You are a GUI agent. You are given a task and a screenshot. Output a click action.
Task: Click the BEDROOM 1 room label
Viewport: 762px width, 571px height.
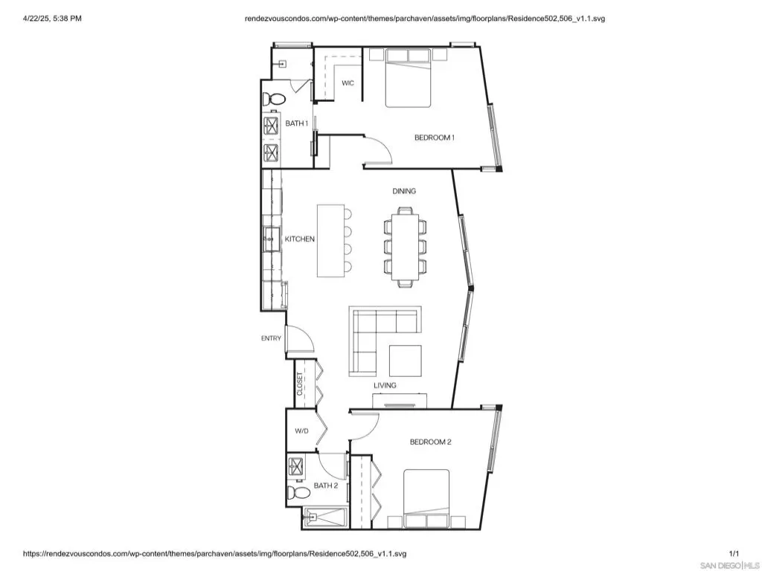(x=435, y=138)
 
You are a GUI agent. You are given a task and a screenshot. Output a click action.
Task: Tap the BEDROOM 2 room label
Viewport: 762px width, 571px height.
(x=431, y=442)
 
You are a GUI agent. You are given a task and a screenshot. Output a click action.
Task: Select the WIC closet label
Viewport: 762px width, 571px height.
(x=348, y=83)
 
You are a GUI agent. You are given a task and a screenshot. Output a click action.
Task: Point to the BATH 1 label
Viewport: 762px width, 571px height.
(x=296, y=123)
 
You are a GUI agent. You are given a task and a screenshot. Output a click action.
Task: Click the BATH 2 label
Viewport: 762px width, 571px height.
(x=326, y=485)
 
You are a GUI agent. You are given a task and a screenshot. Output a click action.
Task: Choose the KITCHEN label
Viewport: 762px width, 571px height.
(x=300, y=239)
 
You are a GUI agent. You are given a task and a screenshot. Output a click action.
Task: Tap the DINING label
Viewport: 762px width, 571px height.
(x=404, y=191)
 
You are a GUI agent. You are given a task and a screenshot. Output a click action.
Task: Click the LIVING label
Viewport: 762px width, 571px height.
(x=385, y=386)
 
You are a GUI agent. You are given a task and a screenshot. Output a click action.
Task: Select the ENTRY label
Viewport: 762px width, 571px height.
(x=271, y=338)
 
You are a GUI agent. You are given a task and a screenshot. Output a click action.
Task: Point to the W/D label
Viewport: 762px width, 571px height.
(x=302, y=430)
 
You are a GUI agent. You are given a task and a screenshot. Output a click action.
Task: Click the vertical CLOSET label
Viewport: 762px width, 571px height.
(x=300, y=384)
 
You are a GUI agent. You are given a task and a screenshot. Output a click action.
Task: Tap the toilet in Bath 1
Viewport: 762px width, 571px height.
(x=274, y=100)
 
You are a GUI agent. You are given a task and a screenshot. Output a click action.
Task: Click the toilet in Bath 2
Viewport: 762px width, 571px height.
(x=299, y=493)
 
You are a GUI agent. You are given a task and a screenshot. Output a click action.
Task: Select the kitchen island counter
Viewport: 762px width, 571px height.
(x=331, y=241)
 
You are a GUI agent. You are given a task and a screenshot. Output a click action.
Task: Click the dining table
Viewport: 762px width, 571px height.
(x=405, y=248)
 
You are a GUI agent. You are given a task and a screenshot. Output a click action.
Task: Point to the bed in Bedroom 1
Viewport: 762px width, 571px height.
(x=409, y=77)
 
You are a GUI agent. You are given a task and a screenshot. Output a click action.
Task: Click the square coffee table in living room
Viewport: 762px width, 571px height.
(x=406, y=361)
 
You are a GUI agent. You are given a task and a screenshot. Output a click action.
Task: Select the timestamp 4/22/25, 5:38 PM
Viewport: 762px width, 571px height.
(x=53, y=19)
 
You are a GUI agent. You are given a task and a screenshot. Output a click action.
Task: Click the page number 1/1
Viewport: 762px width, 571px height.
(x=734, y=553)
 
